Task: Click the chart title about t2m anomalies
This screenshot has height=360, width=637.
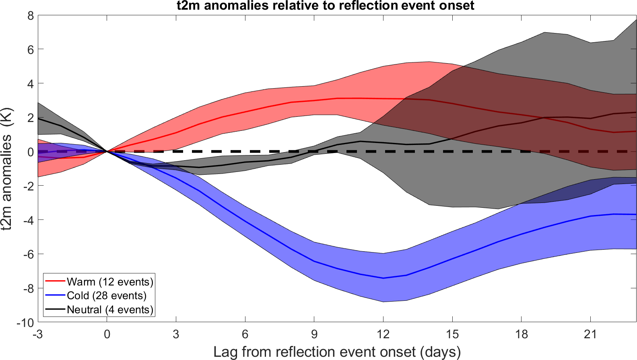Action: (325, 6)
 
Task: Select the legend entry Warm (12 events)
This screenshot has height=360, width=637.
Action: (110, 281)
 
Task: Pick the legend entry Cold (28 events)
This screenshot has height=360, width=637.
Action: (106, 296)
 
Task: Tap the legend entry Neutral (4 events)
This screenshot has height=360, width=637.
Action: (110, 310)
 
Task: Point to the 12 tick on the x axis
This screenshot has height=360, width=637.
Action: (383, 334)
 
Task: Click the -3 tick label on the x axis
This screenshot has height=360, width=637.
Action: (38, 334)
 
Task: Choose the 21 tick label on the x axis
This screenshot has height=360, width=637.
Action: (590, 334)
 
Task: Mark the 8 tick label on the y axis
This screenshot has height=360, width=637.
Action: (31, 16)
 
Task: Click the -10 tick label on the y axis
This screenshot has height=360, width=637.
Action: (25, 323)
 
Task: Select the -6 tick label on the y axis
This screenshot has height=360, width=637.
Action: (28, 254)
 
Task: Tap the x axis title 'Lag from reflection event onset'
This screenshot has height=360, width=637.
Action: (337, 352)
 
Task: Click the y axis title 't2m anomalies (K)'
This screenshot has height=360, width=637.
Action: (7, 169)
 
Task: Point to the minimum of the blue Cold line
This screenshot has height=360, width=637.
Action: (383, 278)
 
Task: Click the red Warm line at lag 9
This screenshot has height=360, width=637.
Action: (314, 100)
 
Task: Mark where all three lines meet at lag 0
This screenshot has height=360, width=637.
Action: (107, 151)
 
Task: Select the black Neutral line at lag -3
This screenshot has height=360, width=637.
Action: (39, 118)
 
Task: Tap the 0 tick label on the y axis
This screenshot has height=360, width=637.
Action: (31, 152)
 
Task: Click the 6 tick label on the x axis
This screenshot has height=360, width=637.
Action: (245, 334)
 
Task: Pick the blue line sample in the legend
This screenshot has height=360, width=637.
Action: (55, 296)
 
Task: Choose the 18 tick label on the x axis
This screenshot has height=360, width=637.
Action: (522, 334)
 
